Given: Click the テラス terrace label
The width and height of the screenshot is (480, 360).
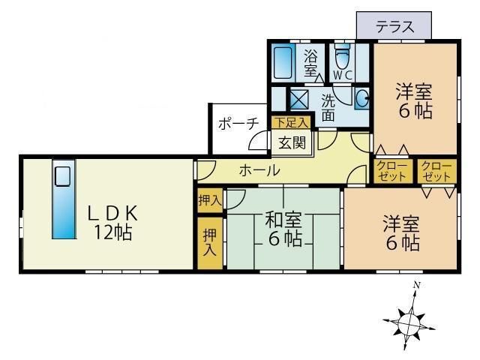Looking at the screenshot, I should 394,26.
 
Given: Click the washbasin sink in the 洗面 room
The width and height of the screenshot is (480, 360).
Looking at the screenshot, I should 361,98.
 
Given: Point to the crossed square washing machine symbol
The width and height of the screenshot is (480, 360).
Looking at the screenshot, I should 299,99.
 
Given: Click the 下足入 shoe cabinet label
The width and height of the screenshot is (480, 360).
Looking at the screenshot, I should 290,122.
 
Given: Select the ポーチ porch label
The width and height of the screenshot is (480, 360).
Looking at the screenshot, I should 238,124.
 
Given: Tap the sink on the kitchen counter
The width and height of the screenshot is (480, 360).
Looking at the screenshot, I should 63,177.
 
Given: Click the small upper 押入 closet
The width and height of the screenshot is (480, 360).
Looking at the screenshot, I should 209,200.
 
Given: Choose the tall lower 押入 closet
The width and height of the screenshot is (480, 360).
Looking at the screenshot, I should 209,242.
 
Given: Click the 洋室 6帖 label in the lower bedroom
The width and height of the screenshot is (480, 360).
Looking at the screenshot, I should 401,233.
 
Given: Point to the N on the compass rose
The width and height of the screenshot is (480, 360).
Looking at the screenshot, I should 417,285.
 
